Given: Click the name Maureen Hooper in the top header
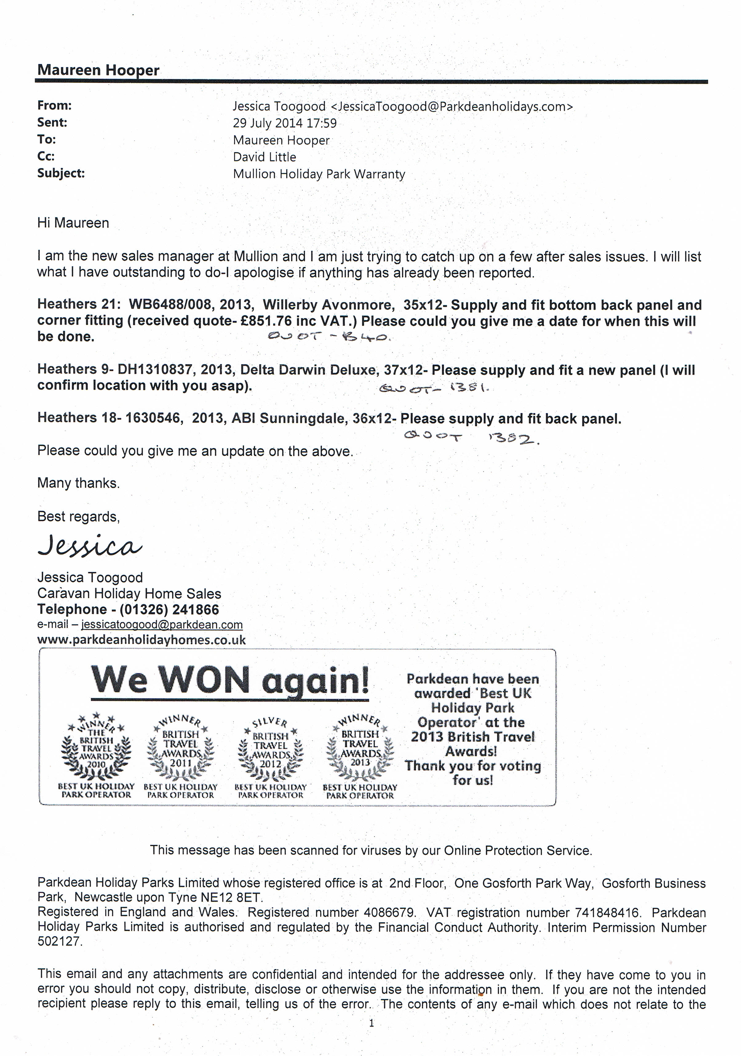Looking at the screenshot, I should coord(98,70).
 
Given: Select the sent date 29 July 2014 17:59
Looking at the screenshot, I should coord(285,123).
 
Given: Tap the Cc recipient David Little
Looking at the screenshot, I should coord(264,157).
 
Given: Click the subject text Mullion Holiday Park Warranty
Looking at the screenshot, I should coord(319,174).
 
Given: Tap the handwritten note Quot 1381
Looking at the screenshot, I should coord(433,390).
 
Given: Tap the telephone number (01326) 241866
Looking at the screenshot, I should coord(169,609).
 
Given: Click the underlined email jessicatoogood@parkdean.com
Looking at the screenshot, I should coord(161,625).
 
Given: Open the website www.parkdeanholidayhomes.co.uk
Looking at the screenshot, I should coord(141,640).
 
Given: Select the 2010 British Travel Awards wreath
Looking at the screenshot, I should coord(96,749).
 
